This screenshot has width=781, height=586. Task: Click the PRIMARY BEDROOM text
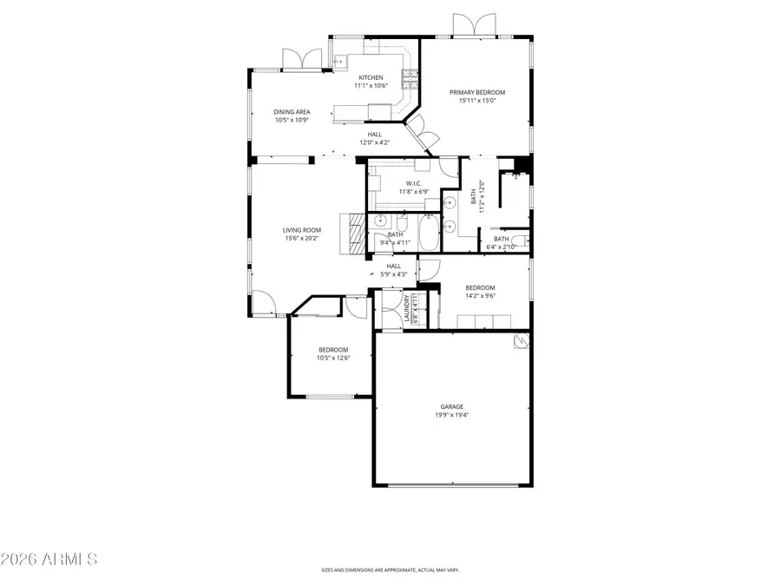[x=476, y=92]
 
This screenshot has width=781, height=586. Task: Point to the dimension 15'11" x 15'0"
[x=476, y=101]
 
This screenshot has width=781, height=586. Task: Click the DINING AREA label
[x=292, y=111]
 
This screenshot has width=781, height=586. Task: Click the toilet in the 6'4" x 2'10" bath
[x=519, y=241]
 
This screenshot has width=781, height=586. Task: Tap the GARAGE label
[x=450, y=406]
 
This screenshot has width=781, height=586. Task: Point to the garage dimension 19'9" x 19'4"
[x=450, y=415]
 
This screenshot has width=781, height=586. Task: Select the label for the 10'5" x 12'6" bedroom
[x=332, y=349]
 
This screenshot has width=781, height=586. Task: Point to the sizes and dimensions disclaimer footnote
[x=390, y=570]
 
